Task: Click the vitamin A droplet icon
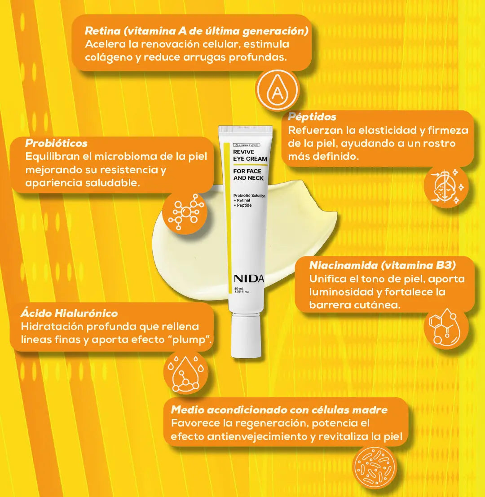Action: pos(278,90)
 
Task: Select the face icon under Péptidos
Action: pos(446,186)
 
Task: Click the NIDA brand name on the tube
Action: pos(248,279)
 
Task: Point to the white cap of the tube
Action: pos(246,335)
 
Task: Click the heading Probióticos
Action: pos(57,143)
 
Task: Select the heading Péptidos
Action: pos(312,117)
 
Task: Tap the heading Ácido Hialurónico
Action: pos(69,313)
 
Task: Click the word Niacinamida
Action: pos(343,265)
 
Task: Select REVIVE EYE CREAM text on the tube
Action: pos(250,155)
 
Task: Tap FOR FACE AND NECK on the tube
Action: pos(248,175)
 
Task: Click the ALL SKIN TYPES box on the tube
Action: pos(247,145)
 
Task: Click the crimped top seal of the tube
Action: pos(245,129)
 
